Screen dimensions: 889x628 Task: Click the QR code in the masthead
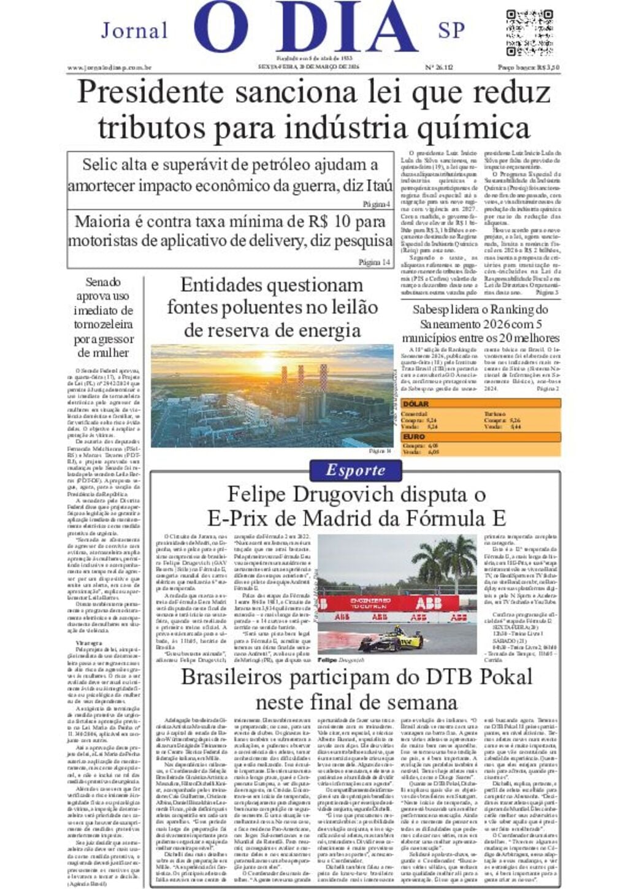pyautogui.click(x=529, y=33)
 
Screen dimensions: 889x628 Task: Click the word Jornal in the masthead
pyautogui.click(x=134, y=31)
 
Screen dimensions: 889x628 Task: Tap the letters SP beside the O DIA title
pyautogui.click(x=451, y=30)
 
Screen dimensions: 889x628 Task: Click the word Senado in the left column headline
pyautogui.click(x=103, y=283)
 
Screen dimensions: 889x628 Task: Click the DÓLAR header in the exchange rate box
pyautogui.click(x=416, y=404)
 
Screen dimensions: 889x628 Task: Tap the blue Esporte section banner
pyautogui.click(x=356, y=471)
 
